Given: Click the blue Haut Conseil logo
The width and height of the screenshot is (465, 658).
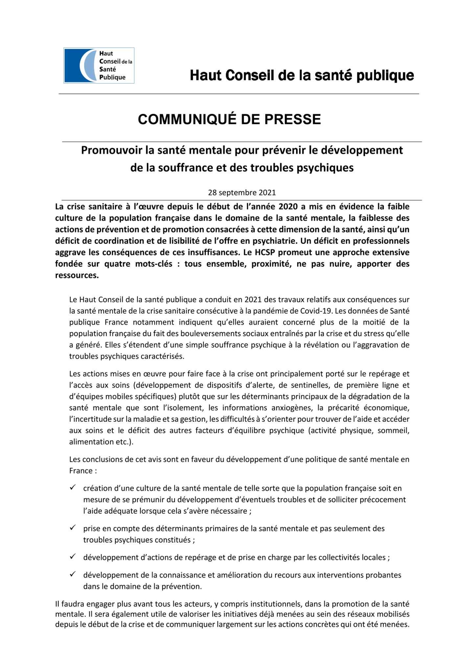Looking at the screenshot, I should (99, 65).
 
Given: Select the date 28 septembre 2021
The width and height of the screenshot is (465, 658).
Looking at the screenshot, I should (242, 192).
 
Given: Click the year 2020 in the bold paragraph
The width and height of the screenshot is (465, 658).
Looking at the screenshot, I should (288, 207).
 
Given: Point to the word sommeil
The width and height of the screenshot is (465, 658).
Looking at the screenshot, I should (393, 430).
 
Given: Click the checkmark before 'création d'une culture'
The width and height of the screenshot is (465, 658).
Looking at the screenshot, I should (73, 487).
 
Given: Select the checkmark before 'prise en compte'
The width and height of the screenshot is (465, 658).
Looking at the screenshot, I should (73, 527).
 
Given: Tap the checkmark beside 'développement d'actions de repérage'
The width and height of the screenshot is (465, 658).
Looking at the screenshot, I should (73, 556).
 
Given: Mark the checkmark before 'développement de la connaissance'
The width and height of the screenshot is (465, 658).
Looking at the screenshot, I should (73, 574).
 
